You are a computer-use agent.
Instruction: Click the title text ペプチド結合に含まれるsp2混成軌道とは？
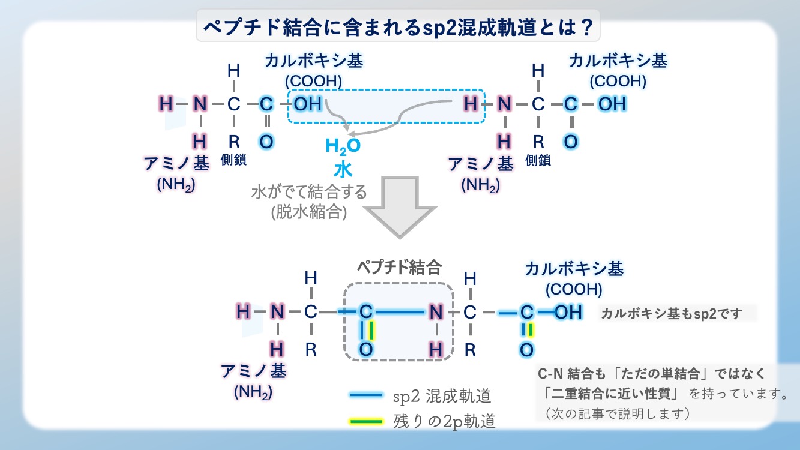point(398,27)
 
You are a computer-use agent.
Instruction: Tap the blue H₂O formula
point(343,146)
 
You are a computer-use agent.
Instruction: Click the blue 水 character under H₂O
point(343,170)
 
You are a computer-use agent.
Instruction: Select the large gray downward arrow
point(400,206)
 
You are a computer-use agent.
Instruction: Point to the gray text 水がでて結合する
point(309,192)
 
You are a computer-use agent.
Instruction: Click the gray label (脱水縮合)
point(309,212)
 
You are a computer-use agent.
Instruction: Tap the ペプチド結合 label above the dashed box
point(400,267)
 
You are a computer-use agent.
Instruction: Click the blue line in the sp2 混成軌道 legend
point(367,395)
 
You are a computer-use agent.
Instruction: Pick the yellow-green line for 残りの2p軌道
point(367,422)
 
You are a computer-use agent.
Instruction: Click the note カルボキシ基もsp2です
point(672,314)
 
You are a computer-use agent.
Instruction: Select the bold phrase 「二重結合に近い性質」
point(612,394)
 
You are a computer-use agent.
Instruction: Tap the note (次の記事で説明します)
point(617,413)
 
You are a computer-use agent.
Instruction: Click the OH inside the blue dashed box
point(308,104)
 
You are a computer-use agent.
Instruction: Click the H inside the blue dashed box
point(471,104)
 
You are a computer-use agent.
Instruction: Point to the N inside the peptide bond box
point(436,312)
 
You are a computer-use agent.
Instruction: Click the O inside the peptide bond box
point(366,350)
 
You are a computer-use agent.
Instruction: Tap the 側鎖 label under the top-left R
point(233,160)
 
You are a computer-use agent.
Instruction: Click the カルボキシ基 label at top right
point(618,61)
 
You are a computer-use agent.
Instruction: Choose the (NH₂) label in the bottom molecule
point(253,392)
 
